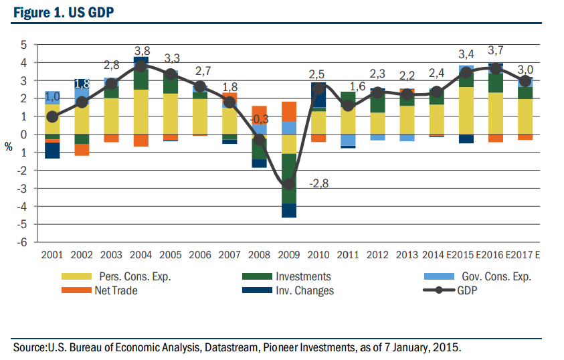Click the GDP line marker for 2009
pos(289,184)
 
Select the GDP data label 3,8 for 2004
pos(142,51)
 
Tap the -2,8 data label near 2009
pos(319,184)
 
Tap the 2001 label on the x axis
pos(52,255)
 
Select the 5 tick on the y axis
pos(24,45)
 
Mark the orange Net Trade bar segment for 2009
pos(289,111)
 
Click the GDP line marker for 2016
pos(496,68)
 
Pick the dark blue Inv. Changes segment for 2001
pos(52,151)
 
